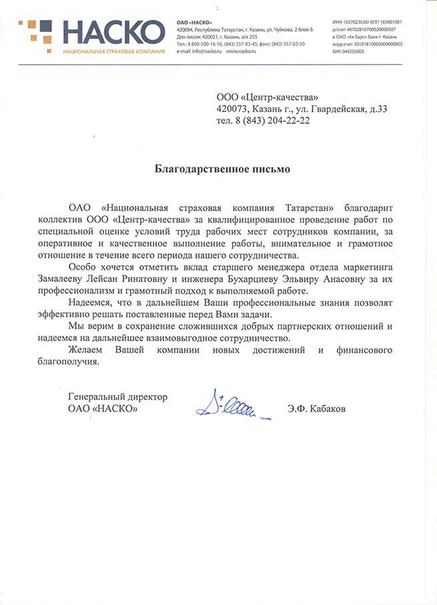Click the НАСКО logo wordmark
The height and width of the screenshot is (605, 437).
[x=113, y=33]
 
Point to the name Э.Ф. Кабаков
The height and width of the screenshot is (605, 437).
[x=317, y=408]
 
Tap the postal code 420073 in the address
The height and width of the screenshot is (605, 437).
[x=232, y=110]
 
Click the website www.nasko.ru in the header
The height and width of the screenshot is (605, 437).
[x=242, y=51]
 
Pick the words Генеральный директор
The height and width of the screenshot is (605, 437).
[x=117, y=396]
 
